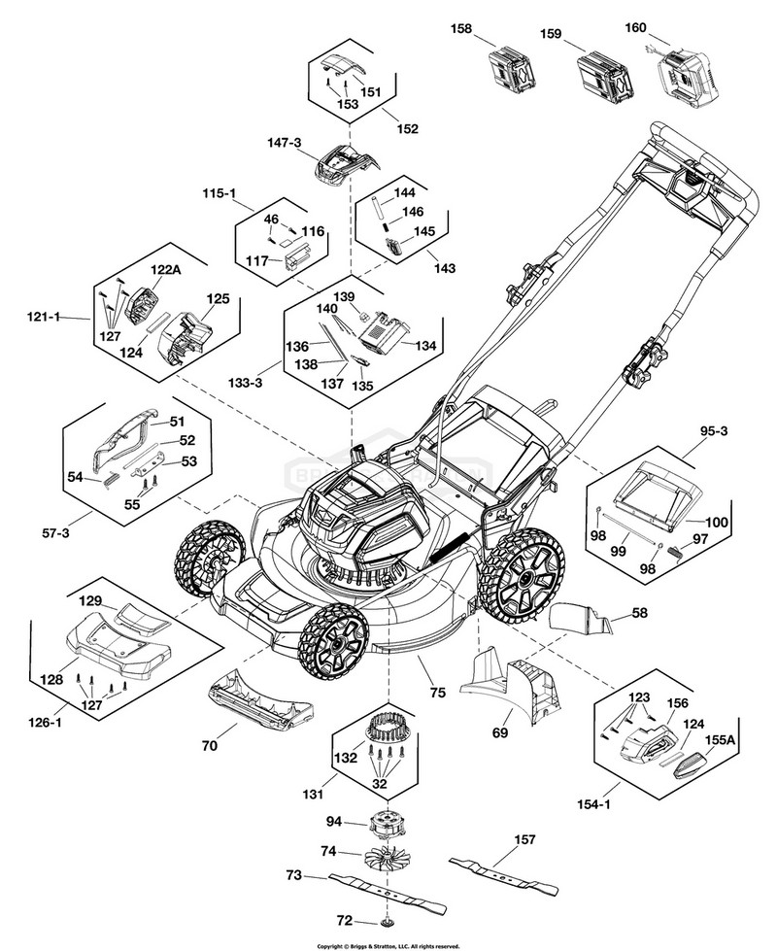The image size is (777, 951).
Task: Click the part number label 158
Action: pyautogui.click(x=460, y=29)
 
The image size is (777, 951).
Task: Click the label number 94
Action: pyautogui.click(x=333, y=822)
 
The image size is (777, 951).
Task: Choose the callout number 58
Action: pyautogui.click(x=639, y=613)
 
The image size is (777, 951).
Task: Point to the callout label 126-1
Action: pyautogui.click(x=43, y=722)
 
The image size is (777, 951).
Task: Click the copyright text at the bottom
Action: pyautogui.click(x=388, y=944)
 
